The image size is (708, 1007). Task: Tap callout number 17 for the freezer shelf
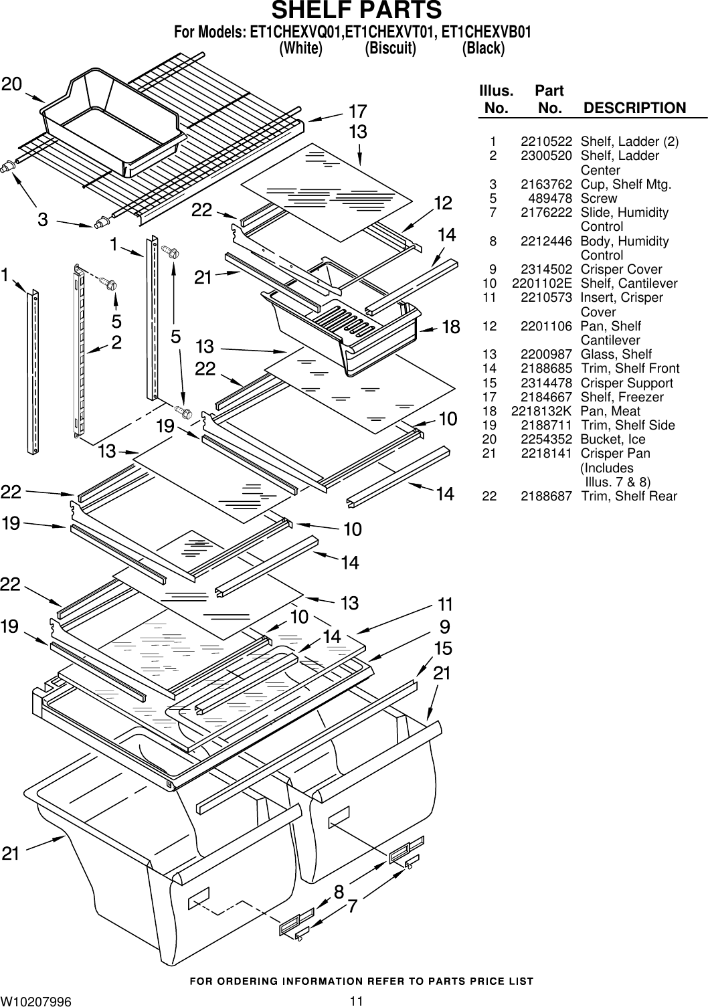357,110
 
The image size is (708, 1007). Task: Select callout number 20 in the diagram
11,84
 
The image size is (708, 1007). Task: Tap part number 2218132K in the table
541,411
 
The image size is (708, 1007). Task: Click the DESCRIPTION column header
634,108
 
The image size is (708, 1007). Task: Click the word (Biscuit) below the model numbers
390,49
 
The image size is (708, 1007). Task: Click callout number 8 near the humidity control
339,892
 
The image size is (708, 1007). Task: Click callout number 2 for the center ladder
116,343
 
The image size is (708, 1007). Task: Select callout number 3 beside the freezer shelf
42,219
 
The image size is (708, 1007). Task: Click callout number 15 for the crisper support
443,648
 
